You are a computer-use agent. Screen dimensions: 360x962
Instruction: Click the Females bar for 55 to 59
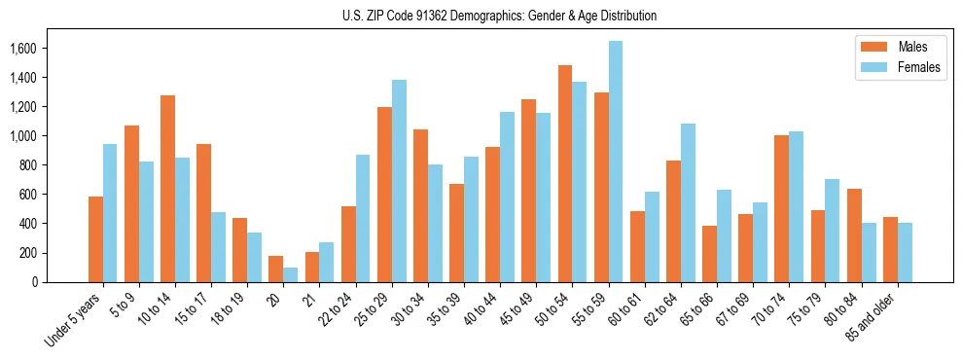click(x=616, y=162)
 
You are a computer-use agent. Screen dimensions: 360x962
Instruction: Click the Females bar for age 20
click(x=291, y=274)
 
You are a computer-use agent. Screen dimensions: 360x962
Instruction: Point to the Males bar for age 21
click(x=312, y=267)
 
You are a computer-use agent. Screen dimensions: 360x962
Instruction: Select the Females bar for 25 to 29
click(x=399, y=181)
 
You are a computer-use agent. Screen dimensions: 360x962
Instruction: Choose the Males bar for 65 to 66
click(x=709, y=254)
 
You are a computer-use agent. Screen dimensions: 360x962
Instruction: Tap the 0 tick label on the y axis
click(x=35, y=282)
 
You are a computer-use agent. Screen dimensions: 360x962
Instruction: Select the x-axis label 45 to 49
click(x=521, y=307)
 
